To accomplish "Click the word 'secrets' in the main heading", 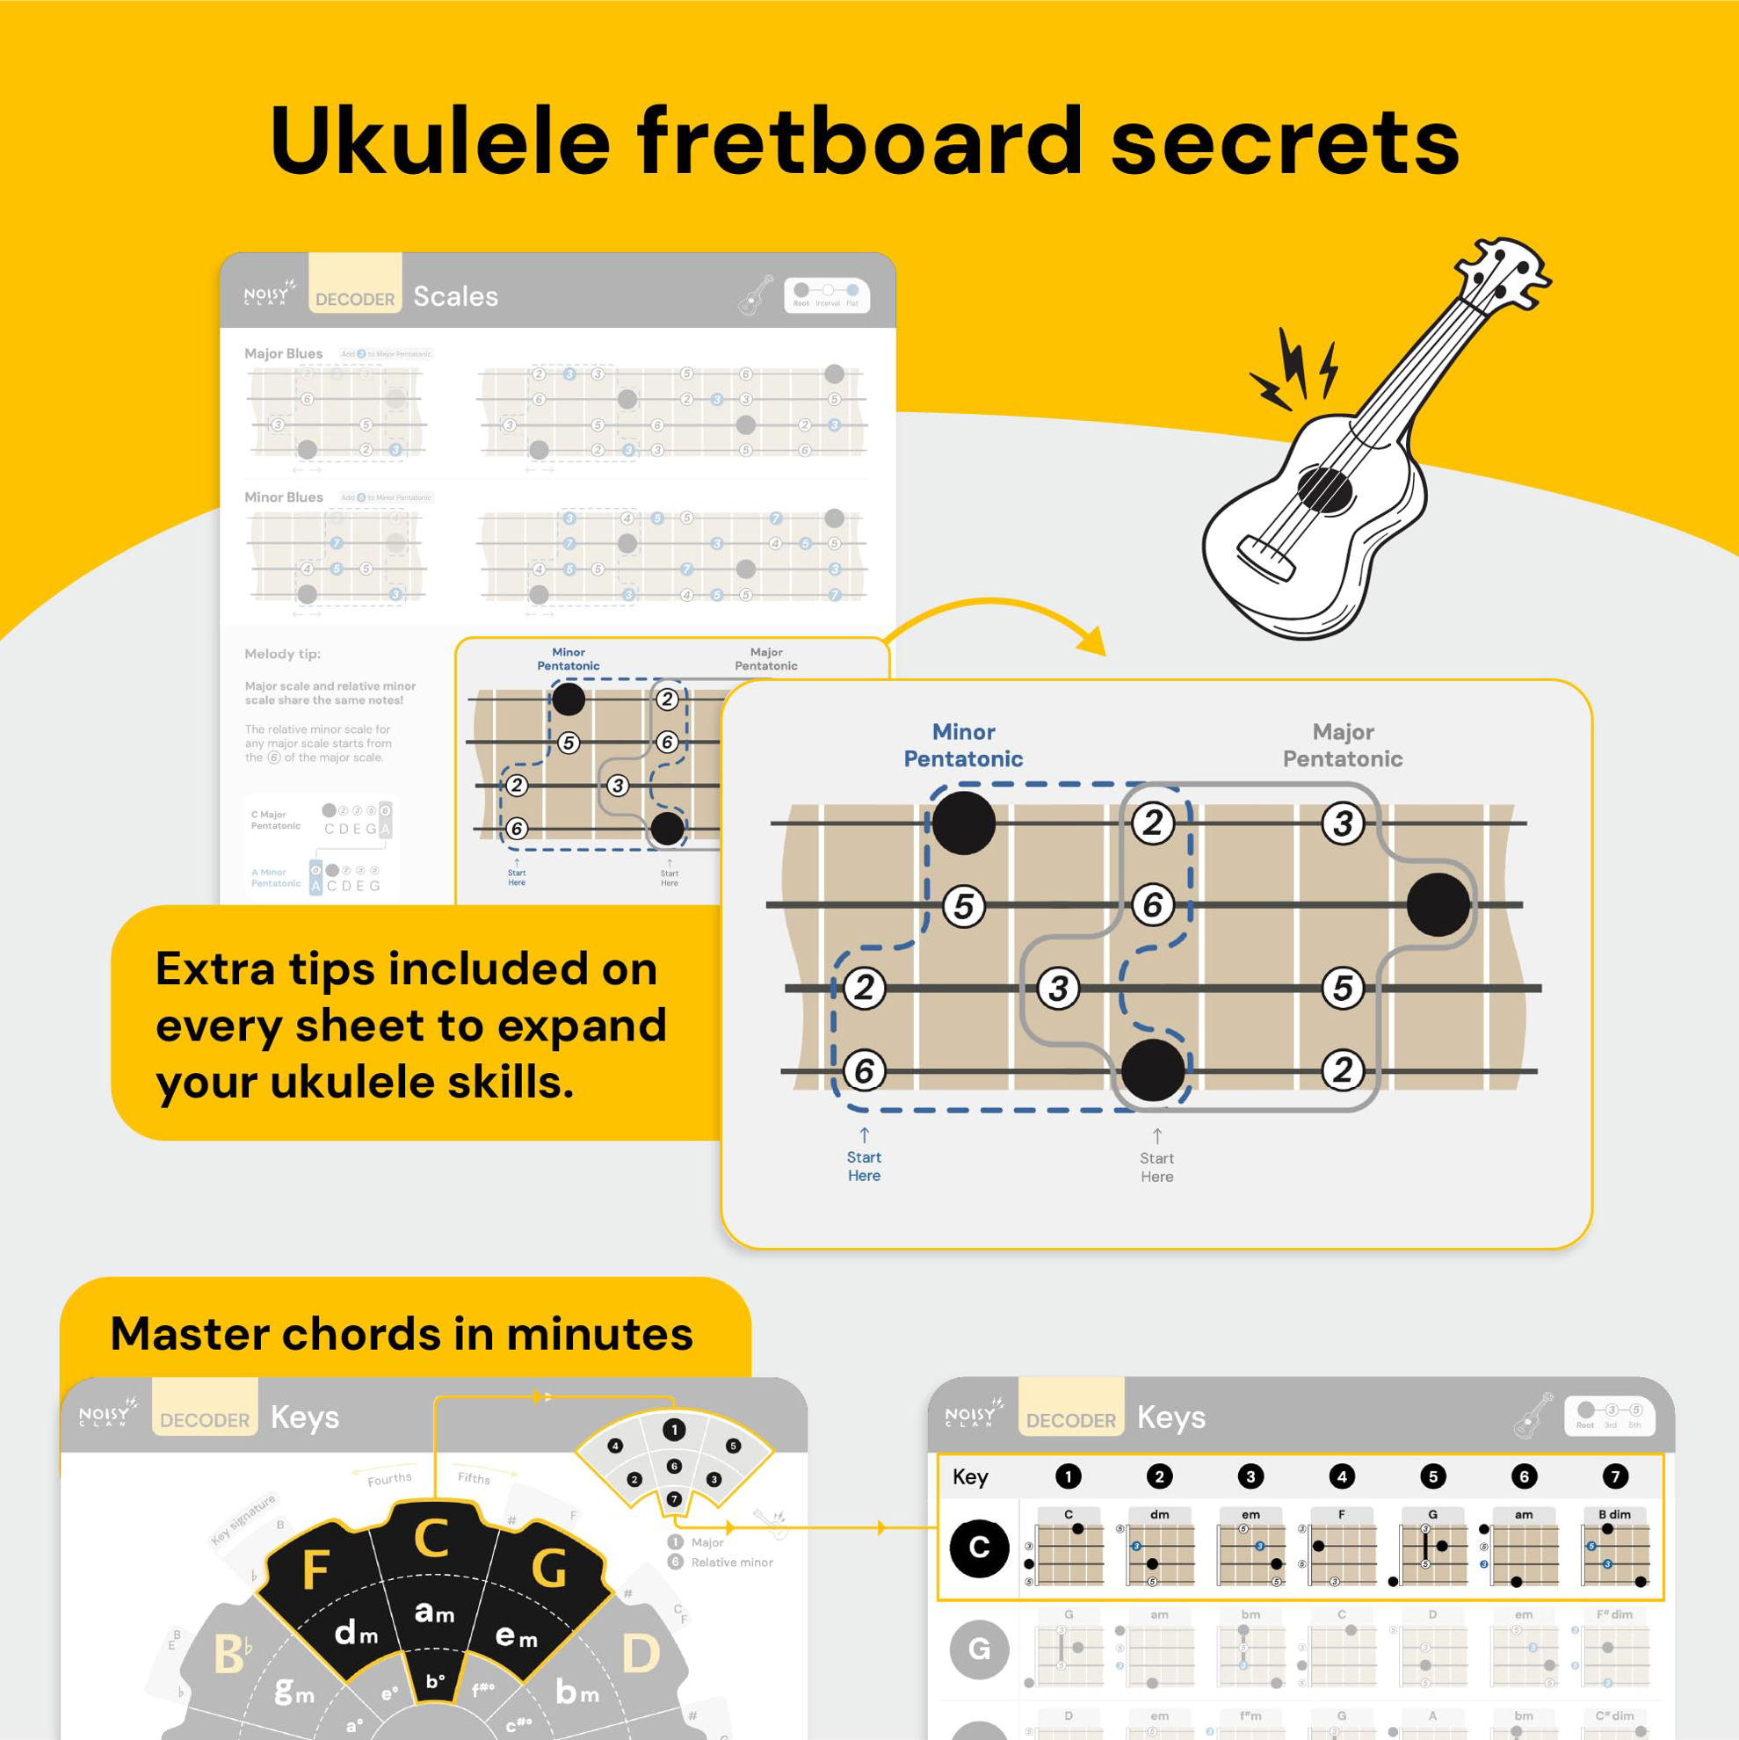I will click(1284, 142).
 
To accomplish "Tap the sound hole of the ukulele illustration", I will click(1325, 492).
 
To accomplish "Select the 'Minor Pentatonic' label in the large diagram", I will click(963, 745).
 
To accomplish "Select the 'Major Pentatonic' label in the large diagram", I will click(1342, 745).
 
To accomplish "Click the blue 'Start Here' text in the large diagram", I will click(864, 1165).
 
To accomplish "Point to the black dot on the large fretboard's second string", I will click(1438, 904).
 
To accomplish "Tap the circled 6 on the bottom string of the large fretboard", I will click(864, 1070).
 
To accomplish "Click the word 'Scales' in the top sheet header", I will click(456, 296).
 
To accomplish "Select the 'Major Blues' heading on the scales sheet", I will click(284, 354).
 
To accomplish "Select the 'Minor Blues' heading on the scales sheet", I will click(284, 497).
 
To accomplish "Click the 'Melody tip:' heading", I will click(283, 654).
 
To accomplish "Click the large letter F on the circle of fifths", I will click(315, 1570).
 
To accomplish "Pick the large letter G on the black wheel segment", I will click(548, 1568).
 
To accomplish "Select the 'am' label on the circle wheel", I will click(434, 1612).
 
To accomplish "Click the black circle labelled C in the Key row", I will click(979, 1548).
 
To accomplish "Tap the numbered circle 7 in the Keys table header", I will click(1615, 1476).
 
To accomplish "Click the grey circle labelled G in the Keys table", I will click(979, 1649).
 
